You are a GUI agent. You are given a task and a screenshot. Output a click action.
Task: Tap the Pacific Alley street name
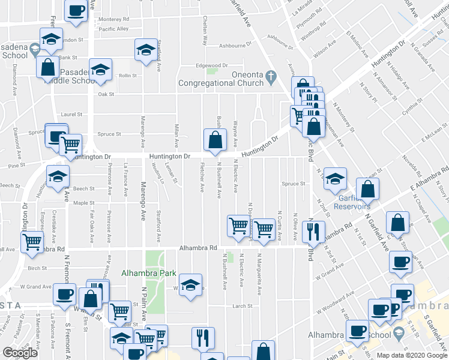click(x=113, y=29)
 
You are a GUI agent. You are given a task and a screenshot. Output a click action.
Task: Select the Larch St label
click(x=242, y=306)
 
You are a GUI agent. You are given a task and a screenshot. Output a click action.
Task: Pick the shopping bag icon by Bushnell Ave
click(x=215, y=140)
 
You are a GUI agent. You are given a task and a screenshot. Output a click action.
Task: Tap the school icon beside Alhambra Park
click(x=190, y=285)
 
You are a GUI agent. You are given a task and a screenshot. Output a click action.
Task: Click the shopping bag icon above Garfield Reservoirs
click(x=367, y=189)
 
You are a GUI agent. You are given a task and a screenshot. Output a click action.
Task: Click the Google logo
click(x=20, y=353)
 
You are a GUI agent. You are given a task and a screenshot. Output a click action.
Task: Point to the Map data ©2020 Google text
click(x=411, y=355)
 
